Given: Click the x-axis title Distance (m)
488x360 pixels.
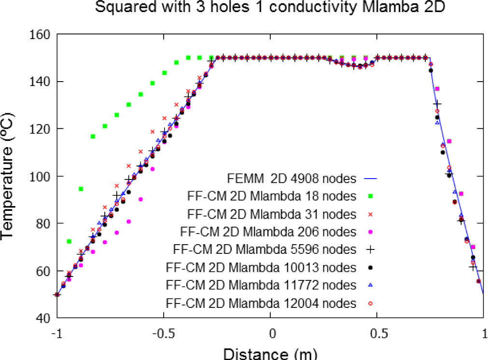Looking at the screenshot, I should click(x=270, y=354).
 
